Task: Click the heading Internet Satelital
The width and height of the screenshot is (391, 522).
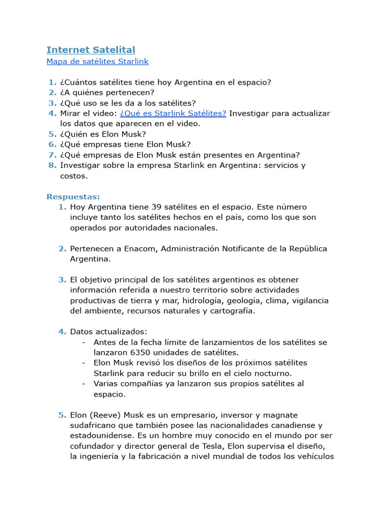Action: [91, 49]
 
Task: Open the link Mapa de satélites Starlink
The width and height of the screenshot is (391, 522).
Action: [97, 62]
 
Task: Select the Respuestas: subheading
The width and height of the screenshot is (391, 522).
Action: [73, 197]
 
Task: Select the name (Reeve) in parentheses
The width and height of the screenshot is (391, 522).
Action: [105, 415]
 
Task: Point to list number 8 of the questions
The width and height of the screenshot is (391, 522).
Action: [52, 165]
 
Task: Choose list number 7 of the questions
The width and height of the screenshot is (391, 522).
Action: [52, 155]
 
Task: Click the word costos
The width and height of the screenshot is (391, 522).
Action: [74, 176]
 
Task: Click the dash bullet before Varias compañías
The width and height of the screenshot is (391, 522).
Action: [83, 383]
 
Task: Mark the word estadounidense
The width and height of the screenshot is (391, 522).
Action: [101, 436]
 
